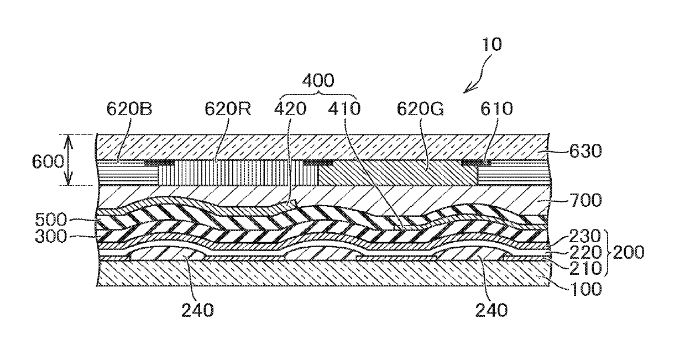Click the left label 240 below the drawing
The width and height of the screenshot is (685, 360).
pos(196,311)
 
